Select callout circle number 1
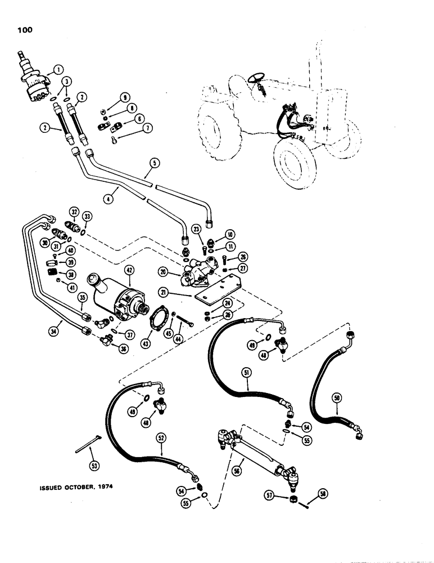tap(57, 70)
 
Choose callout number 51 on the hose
tap(245, 372)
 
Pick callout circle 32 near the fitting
tap(74, 211)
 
